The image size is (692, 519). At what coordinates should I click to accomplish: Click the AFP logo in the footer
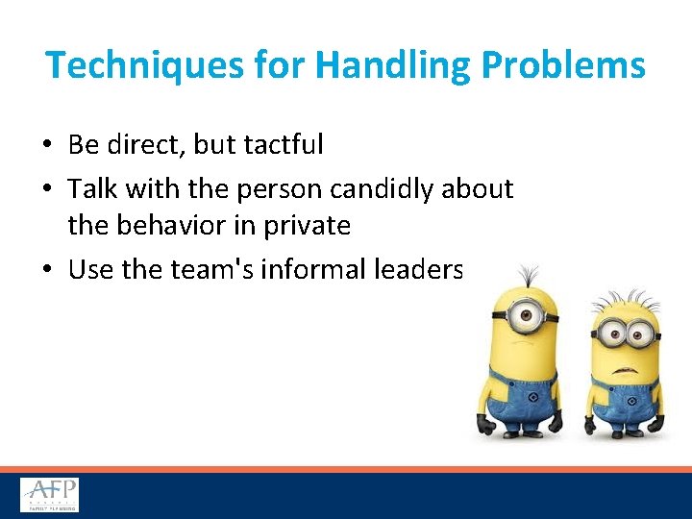point(50,495)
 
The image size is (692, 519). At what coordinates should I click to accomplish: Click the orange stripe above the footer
point(346,469)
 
